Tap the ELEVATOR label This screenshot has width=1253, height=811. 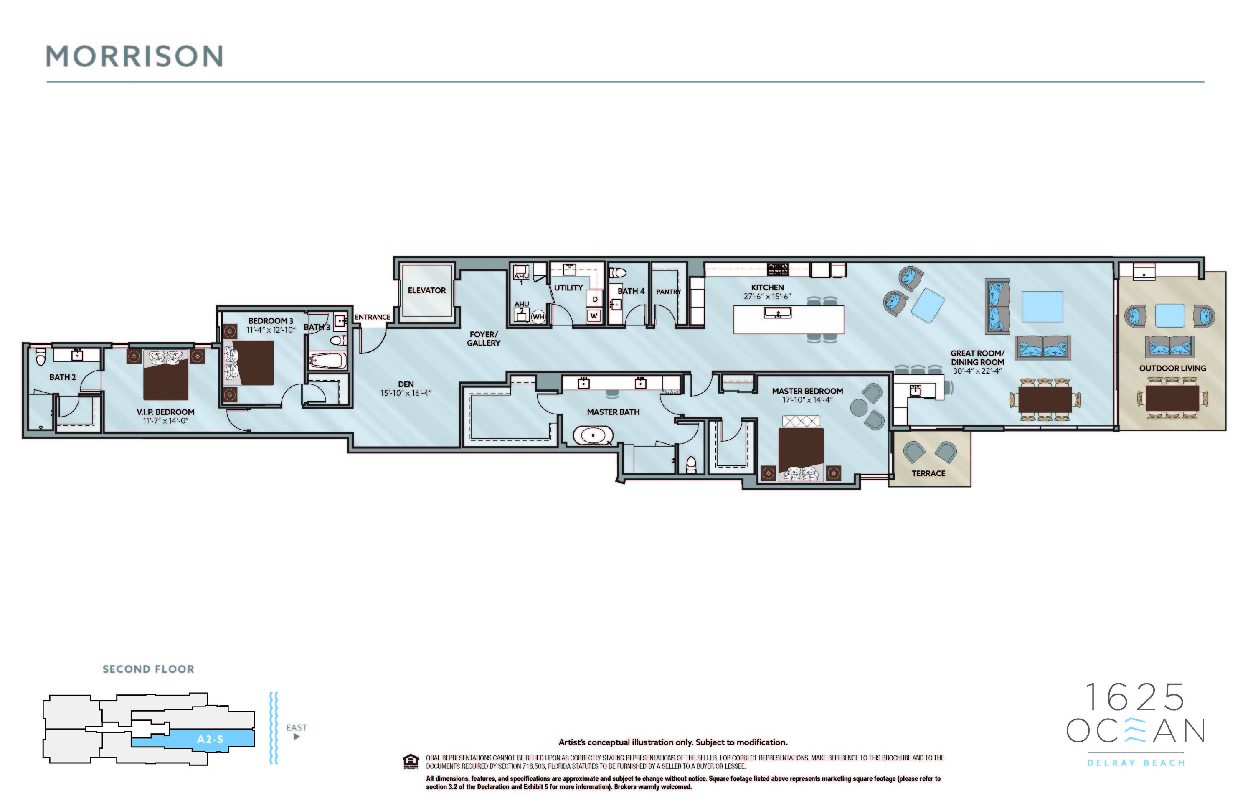click(x=426, y=290)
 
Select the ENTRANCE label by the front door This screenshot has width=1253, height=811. click(x=372, y=317)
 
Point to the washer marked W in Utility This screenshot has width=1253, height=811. click(x=594, y=316)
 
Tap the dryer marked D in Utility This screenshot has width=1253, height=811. click(x=595, y=299)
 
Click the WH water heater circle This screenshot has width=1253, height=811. click(x=538, y=316)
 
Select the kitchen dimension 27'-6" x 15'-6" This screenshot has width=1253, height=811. click(x=767, y=297)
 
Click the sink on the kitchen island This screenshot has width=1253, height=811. click(x=778, y=313)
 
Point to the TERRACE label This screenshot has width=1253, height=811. click(x=928, y=473)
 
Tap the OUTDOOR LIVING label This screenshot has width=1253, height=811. click(x=1172, y=368)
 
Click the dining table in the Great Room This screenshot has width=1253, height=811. click(x=1045, y=399)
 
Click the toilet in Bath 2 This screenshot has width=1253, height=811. click(x=41, y=357)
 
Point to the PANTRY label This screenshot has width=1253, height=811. click(x=668, y=292)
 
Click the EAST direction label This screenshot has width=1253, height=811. click(x=297, y=727)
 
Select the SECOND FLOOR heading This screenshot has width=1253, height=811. click(x=148, y=669)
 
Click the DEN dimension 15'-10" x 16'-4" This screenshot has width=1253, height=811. click(x=406, y=393)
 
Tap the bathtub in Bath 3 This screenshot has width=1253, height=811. click(x=327, y=361)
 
